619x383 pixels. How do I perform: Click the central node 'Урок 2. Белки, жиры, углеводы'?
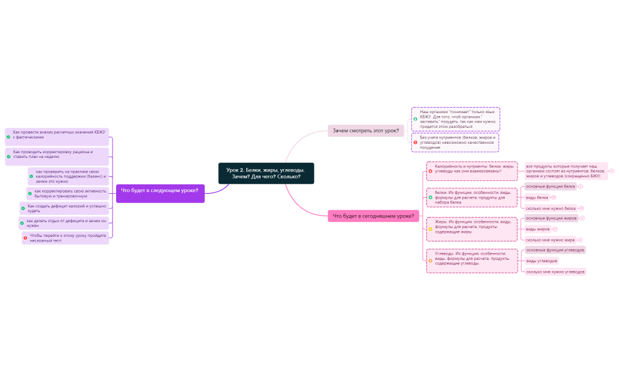click(266, 173)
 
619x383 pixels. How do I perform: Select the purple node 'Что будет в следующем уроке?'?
click(160, 190)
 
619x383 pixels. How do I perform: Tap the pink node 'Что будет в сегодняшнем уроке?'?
click(373, 216)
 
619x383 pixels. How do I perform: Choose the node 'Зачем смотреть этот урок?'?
click(365, 130)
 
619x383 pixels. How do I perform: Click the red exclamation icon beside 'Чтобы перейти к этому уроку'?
click(25, 238)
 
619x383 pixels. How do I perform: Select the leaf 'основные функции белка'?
click(550, 186)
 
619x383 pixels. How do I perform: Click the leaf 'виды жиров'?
click(538, 229)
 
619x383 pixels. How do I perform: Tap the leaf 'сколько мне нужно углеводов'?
click(555, 272)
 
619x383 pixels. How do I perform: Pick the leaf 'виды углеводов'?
click(541, 260)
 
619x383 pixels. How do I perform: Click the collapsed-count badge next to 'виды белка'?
click(553, 197)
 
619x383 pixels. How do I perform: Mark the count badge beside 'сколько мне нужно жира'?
click(580, 240)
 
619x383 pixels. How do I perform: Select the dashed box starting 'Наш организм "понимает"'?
click(456, 119)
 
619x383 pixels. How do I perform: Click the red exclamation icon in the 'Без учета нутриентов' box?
click(415, 143)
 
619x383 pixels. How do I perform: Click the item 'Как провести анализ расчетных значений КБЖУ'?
click(58, 135)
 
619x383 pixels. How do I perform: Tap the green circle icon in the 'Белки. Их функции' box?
click(431, 197)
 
